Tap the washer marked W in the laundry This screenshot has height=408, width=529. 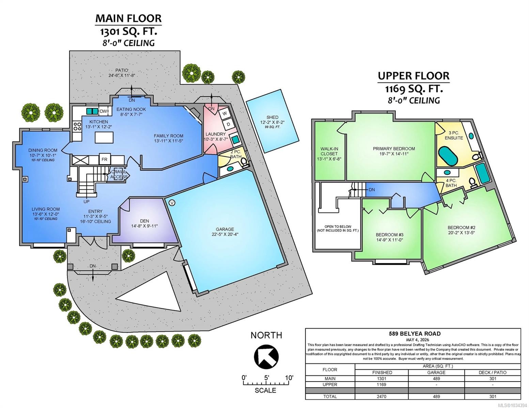pos(224,114)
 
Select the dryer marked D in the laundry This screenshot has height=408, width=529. pos(229,124)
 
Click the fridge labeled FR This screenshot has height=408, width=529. pos(105,159)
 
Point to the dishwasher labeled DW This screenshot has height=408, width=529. pos(103,111)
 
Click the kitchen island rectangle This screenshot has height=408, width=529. pos(104,137)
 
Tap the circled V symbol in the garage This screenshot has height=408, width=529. pos(172,202)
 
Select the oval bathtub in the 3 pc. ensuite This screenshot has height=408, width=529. pos(448,156)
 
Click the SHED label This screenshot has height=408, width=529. pos(272,117)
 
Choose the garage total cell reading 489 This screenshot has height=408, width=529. pos(436,396)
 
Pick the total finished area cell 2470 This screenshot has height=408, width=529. pos(382,396)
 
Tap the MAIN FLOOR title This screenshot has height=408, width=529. pos(128,18)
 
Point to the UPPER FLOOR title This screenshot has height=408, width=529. pos(414,76)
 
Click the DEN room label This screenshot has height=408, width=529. pos(145,221)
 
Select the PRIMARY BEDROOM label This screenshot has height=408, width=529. pos(394,149)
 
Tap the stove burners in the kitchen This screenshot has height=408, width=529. pos(77,126)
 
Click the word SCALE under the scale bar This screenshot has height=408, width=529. pos(265,390)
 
